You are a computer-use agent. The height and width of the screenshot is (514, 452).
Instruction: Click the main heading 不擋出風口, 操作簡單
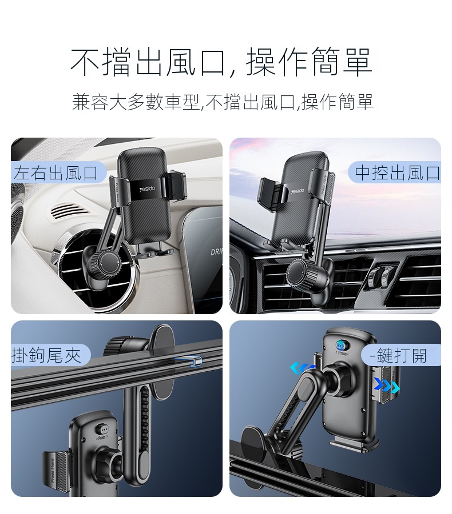[x=221, y=62]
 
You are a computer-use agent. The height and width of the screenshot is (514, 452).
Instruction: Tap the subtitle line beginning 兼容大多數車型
[x=223, y=102]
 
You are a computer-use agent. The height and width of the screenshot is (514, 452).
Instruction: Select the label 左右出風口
[x=56, y=172]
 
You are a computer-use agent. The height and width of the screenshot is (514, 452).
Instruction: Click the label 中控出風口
[x=398, y=172]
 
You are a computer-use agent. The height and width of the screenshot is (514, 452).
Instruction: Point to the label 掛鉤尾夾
[x=46, y=355]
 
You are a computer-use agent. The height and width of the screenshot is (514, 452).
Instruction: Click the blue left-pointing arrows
[x=301, y=368]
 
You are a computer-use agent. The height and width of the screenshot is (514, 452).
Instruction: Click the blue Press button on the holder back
[x=340, y=346]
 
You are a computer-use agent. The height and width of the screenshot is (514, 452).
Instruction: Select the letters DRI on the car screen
[x=216, y=252]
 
